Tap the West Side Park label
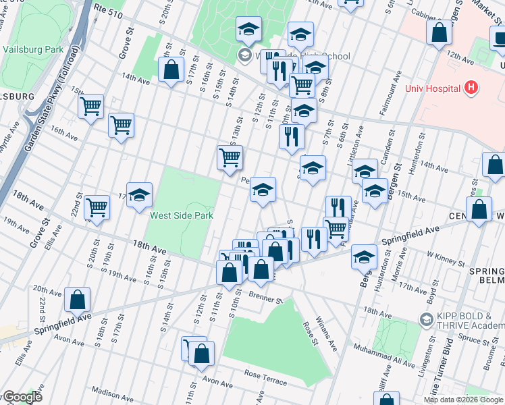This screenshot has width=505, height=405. coord(181,215)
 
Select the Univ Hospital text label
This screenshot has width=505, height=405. coord(433,88)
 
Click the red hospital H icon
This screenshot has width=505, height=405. coord(471,88)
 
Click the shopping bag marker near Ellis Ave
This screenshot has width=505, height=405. coord(78,298)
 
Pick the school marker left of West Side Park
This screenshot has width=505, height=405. coord(139,195)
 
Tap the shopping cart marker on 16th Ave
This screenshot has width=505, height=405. coord(121,124)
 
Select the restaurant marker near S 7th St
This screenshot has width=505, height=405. coord(292,135)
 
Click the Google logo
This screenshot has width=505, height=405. coord(22,397)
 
